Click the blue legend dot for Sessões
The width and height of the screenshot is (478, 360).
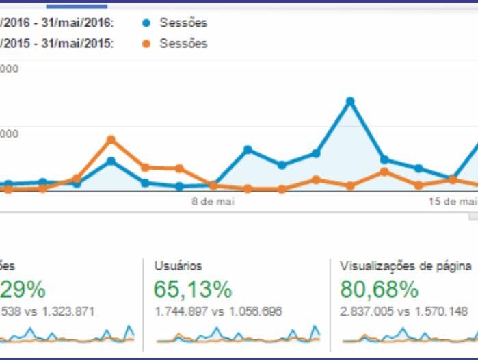point(146,23)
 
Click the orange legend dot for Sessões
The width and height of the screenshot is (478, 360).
point(146,43)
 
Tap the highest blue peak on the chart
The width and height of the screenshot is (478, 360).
point(350,101)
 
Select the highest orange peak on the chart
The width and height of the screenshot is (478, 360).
point(111,140)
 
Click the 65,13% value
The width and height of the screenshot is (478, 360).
point(193,290)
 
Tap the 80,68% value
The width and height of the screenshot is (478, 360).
point(379,290)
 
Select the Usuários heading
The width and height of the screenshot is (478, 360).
point(178,266)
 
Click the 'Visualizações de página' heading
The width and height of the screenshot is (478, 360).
point(406,266)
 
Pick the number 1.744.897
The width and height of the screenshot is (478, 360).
point(179,311)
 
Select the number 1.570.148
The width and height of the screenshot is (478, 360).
point(438,311)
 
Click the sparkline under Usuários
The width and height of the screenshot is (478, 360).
point(237,335)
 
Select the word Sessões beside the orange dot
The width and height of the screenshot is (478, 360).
point(183,43)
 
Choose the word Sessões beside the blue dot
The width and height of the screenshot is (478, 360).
point(183,23)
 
